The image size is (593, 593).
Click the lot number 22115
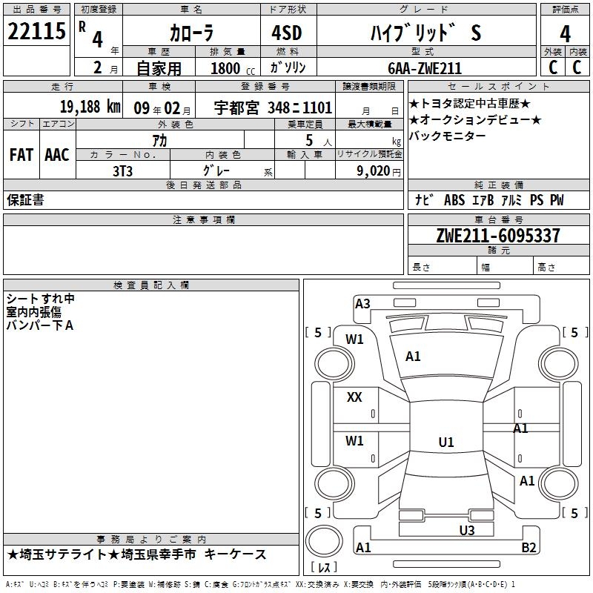tap(36, 32)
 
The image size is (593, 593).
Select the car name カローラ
tap(191, 33)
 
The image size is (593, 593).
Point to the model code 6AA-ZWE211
tap(425, 68)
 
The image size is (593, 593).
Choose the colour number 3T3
tap(122, 170)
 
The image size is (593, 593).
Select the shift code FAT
tap(21, 155)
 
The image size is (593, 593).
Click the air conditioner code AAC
tap(57, 155)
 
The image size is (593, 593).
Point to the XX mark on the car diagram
tap(354, 397)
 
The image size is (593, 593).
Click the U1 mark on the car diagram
tap(445, 443)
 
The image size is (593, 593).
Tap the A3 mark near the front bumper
tap(362, 303)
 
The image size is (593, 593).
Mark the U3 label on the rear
tap(466, 530)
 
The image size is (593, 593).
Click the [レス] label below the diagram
tap(324, 568)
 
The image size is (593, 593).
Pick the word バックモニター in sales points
tap(448, 136)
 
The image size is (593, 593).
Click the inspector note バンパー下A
tap(39, 325)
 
